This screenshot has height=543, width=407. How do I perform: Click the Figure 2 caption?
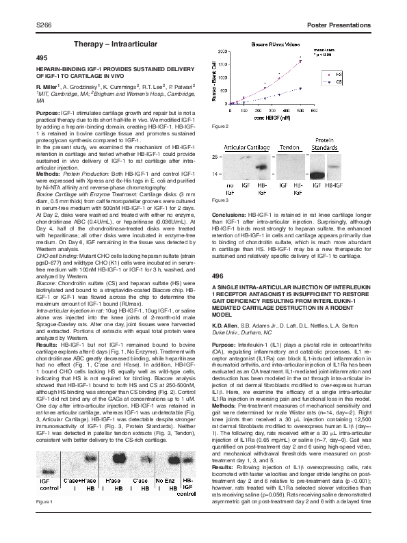coord(220,127)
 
